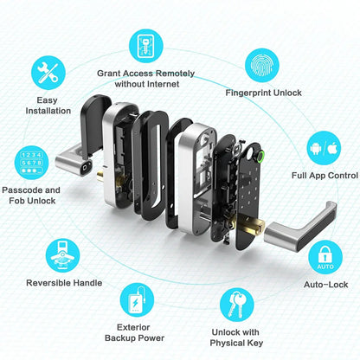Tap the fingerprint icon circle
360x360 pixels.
click(264, 64)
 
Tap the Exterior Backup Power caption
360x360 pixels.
click(132, 333)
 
